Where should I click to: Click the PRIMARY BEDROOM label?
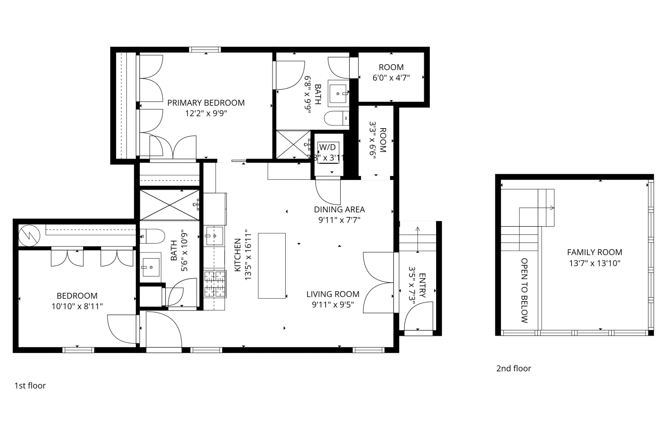coord(206,103)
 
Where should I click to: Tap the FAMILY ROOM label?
coord(594,252)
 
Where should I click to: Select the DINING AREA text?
coord(339,209)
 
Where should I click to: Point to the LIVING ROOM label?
coord(333,294)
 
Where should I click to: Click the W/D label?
coord(327,147)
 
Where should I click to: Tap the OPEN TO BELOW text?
coord(524,291)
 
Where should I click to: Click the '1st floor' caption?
coord(30,386)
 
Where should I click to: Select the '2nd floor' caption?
coord(513,368)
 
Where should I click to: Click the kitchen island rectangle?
coord(272,266)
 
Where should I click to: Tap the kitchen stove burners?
coord(215,284)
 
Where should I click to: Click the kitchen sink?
coord(214,236)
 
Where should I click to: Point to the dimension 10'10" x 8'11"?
coord(77,306)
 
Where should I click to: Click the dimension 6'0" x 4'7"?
coord(391,78)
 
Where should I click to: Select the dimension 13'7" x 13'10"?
coord(595,263)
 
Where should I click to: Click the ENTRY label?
coord(422,285)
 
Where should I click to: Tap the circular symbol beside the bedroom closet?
coord(30,236)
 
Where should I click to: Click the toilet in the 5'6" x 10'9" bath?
coord(152,236)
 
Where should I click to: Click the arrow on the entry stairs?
coord(418,239)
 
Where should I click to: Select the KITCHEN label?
coord(237,255)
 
